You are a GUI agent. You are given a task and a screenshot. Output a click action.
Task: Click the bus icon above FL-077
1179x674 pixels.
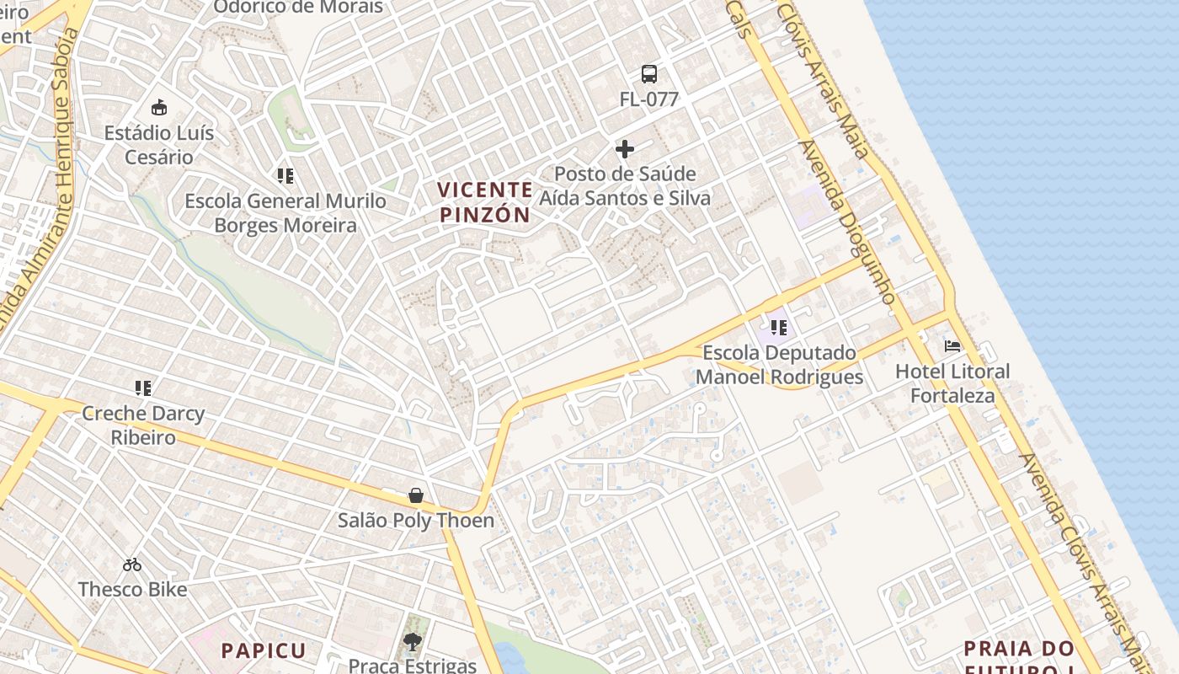point(649,74)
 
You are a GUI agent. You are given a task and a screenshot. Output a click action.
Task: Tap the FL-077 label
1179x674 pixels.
point(649,99)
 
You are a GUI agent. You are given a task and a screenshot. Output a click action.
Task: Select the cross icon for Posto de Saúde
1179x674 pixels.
point(625,149)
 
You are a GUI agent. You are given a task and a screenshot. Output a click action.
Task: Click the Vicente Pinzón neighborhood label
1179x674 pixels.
point(486,202)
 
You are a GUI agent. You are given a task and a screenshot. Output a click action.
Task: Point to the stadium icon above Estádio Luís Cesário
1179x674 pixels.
point(159,108)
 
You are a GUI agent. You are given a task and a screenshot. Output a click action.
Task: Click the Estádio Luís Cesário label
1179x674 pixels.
point(159,145)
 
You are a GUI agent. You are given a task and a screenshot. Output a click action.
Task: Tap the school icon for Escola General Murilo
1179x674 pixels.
point(285,176)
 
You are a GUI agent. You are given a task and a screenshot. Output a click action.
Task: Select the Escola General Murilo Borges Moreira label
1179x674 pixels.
point(285,213)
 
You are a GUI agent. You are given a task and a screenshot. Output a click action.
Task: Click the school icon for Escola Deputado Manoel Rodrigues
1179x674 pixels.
point(779,328)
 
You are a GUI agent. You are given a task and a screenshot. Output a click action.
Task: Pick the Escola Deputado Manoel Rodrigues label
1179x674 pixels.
point(779,365)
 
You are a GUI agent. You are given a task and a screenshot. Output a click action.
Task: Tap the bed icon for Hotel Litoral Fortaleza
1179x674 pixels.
point(952,346)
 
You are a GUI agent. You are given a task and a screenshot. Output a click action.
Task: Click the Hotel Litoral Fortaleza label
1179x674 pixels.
point(952,383)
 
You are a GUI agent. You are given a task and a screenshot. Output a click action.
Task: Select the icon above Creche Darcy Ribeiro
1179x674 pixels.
point(143,388)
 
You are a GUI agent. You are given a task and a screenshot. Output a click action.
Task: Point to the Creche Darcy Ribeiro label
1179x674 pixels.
point(143,425)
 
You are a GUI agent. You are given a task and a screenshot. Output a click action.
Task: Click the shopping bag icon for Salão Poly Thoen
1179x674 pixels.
point(416,495)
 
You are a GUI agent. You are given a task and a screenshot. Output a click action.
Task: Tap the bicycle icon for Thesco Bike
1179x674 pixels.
point(132,564)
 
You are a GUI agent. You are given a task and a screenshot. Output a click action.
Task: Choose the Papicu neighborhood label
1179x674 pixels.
point(264,650)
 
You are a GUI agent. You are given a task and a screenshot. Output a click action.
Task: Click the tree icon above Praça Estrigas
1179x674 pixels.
point(413,643)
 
